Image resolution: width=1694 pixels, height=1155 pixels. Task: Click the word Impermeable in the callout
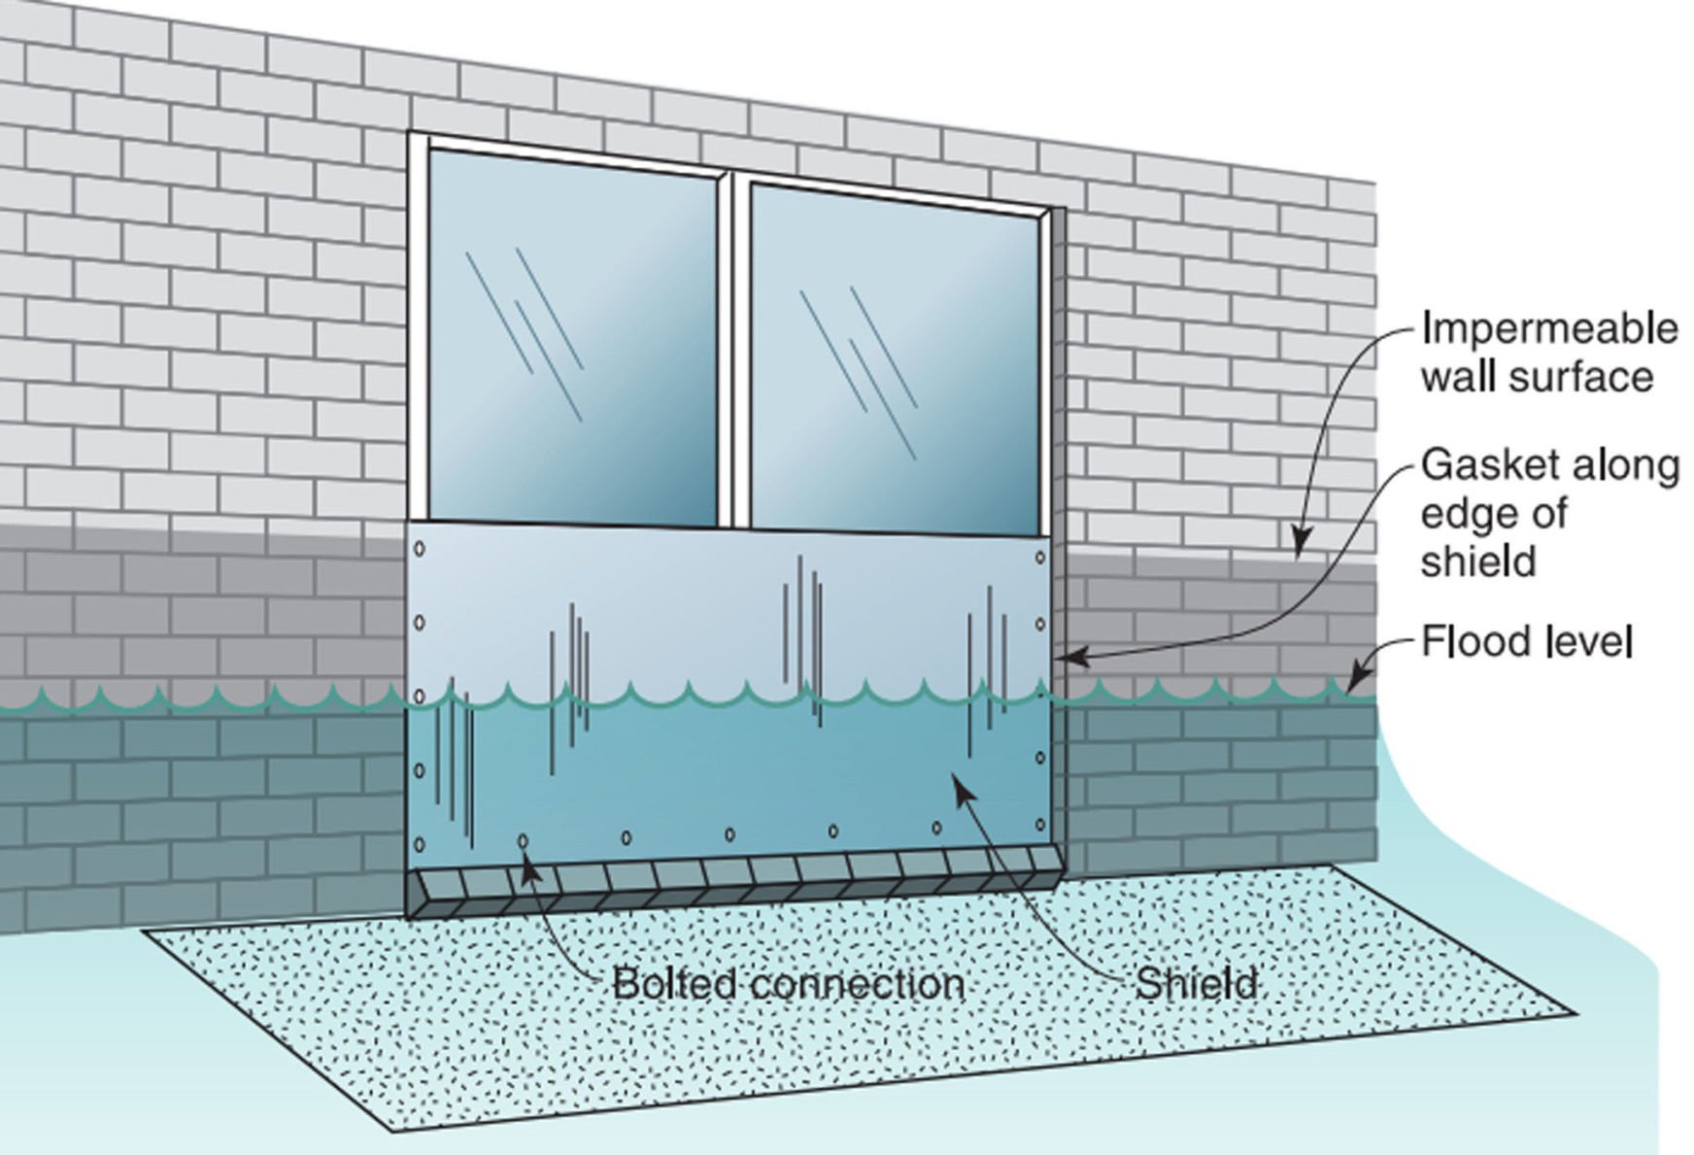point(1548,329)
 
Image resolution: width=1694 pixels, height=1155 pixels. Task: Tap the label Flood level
point(1527,642)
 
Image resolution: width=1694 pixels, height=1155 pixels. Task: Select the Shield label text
point(1197,984)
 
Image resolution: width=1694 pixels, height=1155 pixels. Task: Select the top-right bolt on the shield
point(1040,559)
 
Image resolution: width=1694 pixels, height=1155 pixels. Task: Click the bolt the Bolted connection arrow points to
point(525,840)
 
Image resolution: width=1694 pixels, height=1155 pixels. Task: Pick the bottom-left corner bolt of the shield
point(421,844)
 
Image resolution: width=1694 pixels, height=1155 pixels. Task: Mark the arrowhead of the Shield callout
point(959,784)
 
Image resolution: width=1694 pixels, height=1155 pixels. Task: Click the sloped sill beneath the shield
point(738,879)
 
